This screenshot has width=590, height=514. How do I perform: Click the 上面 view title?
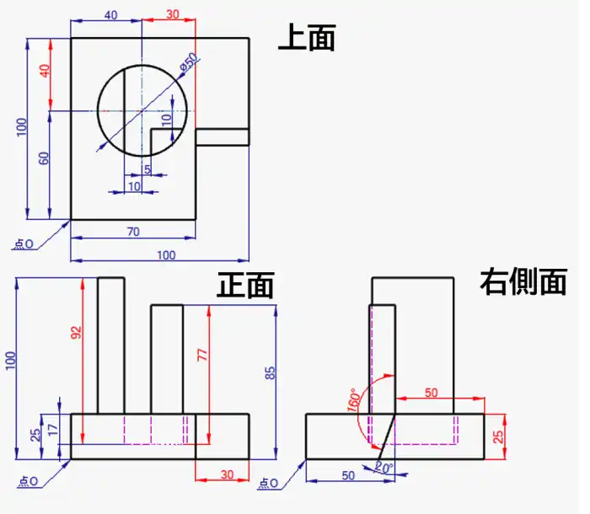point(307,37)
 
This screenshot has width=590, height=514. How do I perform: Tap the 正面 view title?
point(245,285)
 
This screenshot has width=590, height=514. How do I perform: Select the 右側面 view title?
point(523,281)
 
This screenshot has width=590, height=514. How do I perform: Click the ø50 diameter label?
point(189,62)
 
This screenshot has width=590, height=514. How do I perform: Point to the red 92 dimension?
point(77,333)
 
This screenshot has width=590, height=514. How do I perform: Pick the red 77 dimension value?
point(202,355)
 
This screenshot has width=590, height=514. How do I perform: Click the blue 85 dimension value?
point(271,373)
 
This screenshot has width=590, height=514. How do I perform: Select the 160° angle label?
point(353,400)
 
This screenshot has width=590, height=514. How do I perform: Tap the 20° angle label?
point(384,468)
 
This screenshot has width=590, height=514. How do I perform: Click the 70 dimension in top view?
point(133,232)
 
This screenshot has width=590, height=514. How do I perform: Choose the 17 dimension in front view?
point(53,430)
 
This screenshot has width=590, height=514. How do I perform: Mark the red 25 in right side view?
point(498,436)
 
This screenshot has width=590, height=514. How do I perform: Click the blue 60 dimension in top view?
point(44,158)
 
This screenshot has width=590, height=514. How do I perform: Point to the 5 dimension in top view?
point(147,169)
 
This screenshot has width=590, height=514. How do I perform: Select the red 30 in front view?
point(227,474)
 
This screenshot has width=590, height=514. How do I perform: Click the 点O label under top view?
point(24,244)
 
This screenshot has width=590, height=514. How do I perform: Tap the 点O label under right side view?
point(269,483)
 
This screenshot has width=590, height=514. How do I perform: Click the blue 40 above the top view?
point(110,15)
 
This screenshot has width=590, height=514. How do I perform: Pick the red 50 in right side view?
point(432,393)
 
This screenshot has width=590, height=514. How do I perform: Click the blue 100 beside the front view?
point(11,361)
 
